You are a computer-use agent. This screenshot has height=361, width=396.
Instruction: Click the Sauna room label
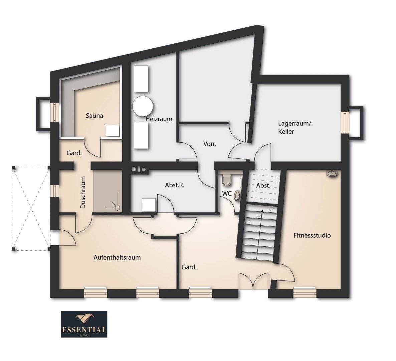coord(94,116)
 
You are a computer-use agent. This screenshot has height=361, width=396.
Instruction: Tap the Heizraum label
coord(159,119)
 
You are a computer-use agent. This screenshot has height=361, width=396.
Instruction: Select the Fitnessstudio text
coord(312,235)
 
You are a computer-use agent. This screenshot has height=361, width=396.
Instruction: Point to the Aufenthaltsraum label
coord(117,258)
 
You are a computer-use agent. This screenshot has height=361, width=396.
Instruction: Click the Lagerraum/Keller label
coord(294,127)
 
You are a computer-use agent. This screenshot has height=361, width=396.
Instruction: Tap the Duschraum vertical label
coord(83,193)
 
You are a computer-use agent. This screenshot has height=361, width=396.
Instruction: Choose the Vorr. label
coord(210,144)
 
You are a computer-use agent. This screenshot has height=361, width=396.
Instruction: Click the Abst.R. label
coord(175,185)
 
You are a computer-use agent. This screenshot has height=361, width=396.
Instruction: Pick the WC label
coord(227,194)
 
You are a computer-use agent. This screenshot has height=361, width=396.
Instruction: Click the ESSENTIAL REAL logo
coord(84,324)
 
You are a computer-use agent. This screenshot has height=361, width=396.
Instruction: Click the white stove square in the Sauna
coord(113,130)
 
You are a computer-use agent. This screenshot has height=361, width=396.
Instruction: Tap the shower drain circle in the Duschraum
coord(118,208)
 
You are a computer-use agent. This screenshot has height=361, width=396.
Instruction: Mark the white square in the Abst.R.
coord(149,205)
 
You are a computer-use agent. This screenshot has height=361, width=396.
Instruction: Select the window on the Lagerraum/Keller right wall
coord(344,123)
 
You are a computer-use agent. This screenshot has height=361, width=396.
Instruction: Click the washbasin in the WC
coord(237,196)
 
